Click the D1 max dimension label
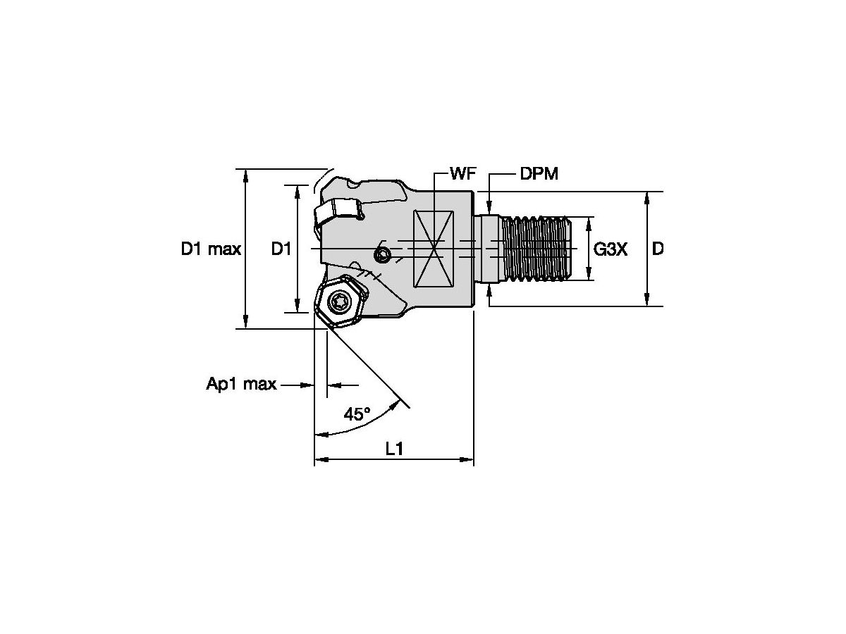coord(211,249)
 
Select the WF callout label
coord(462,174)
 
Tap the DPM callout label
coord(539,174)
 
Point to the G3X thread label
coord(611,249)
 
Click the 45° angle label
coord(357,415)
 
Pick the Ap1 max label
coord(241,385)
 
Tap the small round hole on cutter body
coord(382,254)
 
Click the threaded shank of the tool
coord(539,249)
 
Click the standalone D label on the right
coord(657,249)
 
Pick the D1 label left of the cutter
coord(281,249)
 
